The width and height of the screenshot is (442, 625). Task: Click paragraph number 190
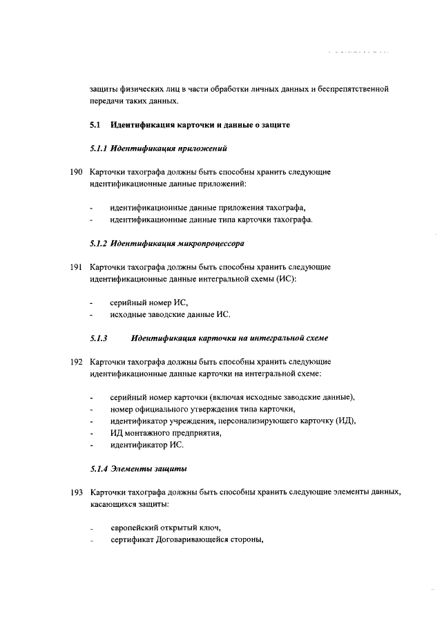[76, 171]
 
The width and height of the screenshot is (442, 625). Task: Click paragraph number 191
[76, 267]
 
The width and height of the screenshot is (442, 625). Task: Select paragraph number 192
[76, 361]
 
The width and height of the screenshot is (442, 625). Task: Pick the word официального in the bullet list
[163, 410]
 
